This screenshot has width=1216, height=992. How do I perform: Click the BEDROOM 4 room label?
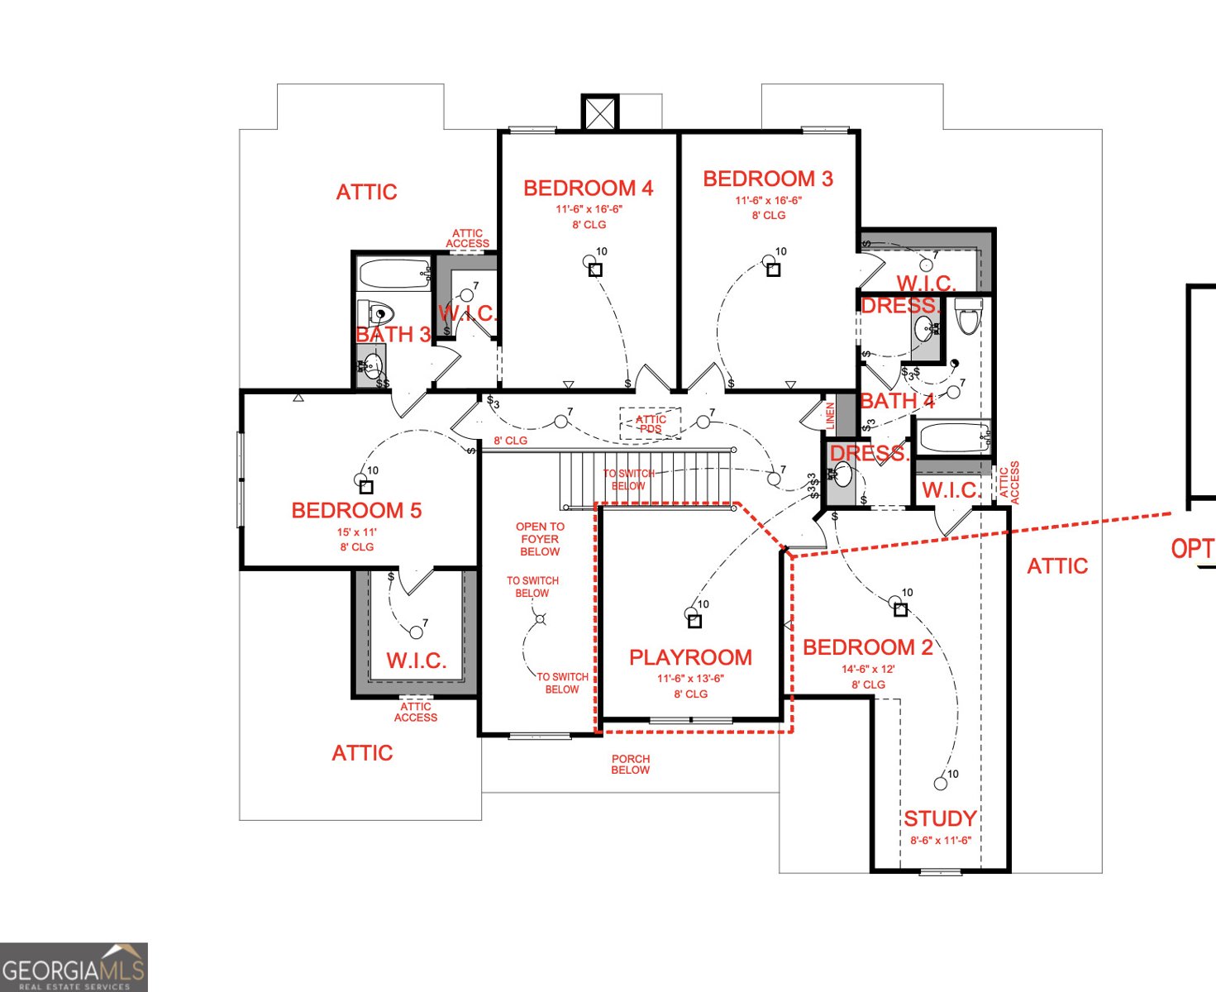(588, 188)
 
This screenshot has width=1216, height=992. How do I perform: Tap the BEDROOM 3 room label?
(767, 179)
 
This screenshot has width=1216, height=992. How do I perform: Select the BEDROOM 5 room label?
(356, 511)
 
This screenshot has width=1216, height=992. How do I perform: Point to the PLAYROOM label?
(690, 658)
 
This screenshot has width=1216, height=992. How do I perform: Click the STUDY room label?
(940, 819)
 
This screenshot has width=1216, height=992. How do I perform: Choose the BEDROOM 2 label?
(867, 648)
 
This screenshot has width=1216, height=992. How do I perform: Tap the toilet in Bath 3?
(376, 313)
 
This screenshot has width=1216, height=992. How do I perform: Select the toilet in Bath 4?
(967, 315)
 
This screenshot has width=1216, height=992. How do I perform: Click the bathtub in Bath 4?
(953, 436)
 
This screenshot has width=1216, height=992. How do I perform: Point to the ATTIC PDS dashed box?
(651, 423)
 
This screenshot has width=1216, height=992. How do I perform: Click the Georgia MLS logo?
(74, 967)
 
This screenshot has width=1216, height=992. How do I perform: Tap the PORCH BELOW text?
(630, 765)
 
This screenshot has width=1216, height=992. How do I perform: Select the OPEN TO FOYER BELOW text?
(540, 539)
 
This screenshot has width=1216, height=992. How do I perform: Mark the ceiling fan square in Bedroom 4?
(596, 270)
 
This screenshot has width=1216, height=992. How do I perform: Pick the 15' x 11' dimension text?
(356, 532)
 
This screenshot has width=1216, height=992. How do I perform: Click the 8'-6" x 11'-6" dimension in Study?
(941, 841)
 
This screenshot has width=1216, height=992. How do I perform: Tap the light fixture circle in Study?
(940, 784)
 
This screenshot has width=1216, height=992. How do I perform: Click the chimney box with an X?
(599, 112)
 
